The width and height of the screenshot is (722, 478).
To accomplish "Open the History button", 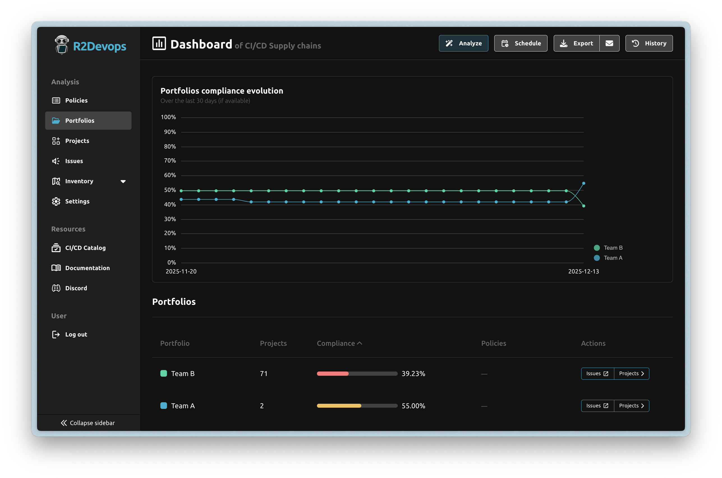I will click(649, 43).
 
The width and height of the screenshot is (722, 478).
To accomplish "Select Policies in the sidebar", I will click(76, 100).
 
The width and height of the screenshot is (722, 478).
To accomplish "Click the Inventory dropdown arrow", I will click(123, 181).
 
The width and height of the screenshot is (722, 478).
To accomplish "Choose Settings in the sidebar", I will click(77, 201).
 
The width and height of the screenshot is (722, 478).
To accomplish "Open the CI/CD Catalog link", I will click(86, 248).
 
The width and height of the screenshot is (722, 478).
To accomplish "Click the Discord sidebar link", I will click(76, 288).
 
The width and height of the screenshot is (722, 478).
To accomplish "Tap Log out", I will click(76, 335).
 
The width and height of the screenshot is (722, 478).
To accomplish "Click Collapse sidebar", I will click(88, 423).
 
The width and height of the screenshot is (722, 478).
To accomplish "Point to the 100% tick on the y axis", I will click(169, 117).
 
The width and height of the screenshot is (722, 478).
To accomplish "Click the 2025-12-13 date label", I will click(583, 271).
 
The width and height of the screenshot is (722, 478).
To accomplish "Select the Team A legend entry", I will click(612, 258).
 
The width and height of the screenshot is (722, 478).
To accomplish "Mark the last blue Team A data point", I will click(583, 183).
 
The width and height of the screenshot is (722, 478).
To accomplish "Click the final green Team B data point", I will click(583, 206).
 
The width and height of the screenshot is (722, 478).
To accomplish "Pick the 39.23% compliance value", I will click(413, 374).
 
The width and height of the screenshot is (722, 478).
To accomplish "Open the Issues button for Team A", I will click(597, 406).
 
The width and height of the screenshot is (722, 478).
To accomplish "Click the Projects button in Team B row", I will click(631, 374).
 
